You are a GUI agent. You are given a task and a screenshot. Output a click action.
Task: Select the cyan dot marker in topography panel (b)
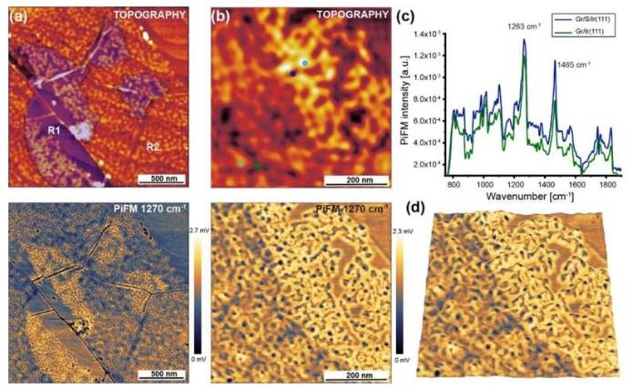(304, 62)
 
